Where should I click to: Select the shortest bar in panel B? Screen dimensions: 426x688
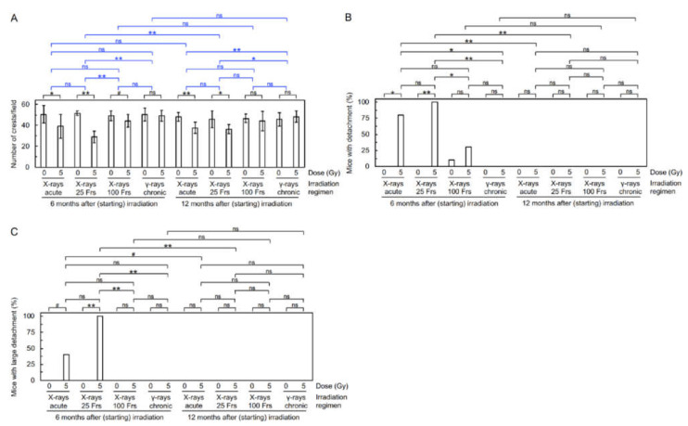(x=451, y=162)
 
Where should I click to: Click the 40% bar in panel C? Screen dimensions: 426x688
(x=67, y=367)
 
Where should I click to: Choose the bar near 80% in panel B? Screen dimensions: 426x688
(x=401, y=140)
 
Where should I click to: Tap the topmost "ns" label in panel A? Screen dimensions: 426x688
(x=219, y=15)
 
